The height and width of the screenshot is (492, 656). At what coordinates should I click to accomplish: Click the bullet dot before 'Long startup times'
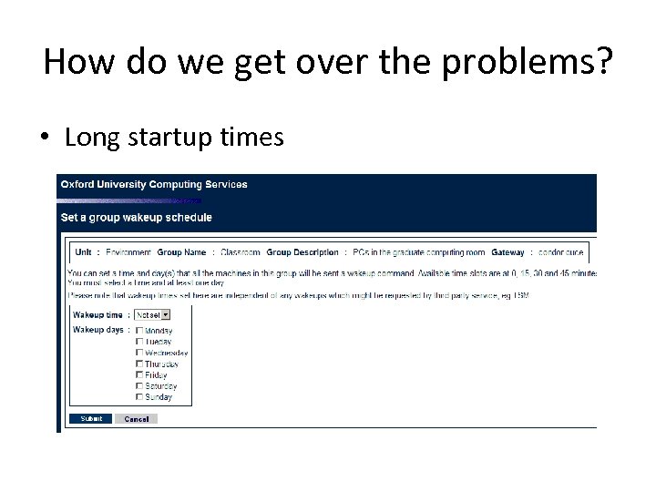45,138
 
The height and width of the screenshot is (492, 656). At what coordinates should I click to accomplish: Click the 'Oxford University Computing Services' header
154,184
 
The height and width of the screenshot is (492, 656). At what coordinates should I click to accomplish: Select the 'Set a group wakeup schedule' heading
137,218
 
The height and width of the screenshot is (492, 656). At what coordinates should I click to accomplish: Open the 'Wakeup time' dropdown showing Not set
153,315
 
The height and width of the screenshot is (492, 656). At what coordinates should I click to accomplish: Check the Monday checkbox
139,331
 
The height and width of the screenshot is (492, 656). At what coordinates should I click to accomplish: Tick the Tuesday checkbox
139,342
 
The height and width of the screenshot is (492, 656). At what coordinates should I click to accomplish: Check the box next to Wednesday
139,353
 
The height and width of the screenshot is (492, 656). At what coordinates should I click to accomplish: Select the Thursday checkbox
139,364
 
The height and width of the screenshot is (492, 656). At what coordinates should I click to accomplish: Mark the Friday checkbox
139,374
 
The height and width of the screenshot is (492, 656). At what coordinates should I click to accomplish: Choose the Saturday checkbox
139,385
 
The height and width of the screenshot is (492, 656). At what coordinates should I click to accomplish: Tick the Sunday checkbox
139,396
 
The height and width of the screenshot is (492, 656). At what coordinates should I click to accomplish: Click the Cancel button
137,419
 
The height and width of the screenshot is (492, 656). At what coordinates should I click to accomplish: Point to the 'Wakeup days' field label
97,329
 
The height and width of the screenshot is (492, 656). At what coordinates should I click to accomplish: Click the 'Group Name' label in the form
181,252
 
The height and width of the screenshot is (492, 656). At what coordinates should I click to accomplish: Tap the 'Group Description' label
302,252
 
